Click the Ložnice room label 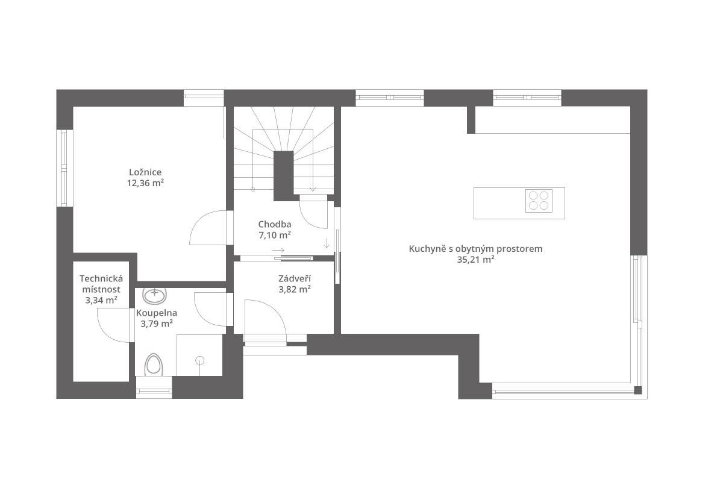coord(145,172)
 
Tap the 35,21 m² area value coord(475,260)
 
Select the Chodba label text coord(275,224)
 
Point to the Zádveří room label coord(295,278)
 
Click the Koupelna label coord(157,313)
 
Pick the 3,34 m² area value coord(101,300)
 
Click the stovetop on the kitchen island coord(539,201)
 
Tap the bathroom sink coord(155,296)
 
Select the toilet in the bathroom coord(154,365)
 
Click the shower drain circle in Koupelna coord(200,360)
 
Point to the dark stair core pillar coord(283,176)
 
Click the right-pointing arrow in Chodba coord(278,250)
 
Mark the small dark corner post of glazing coord(638,390)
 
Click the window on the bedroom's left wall coord(64,168)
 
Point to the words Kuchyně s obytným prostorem coord(475,249)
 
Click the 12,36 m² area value coord(145,183)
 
